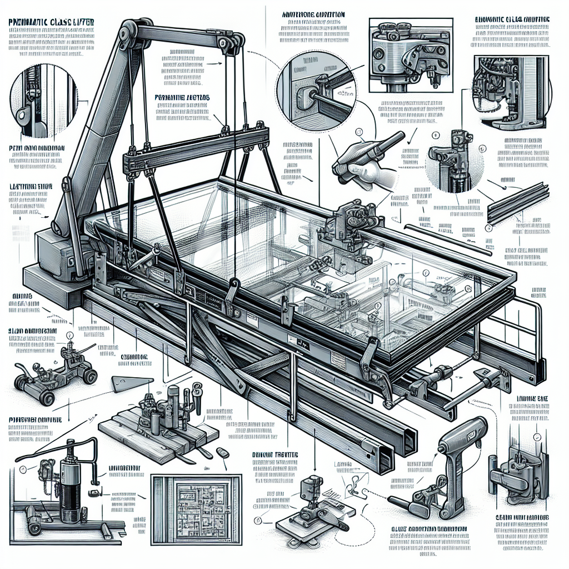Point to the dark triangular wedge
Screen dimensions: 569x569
click(x=131, y=384)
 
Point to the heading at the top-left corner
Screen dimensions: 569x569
click(x=50, y=22)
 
